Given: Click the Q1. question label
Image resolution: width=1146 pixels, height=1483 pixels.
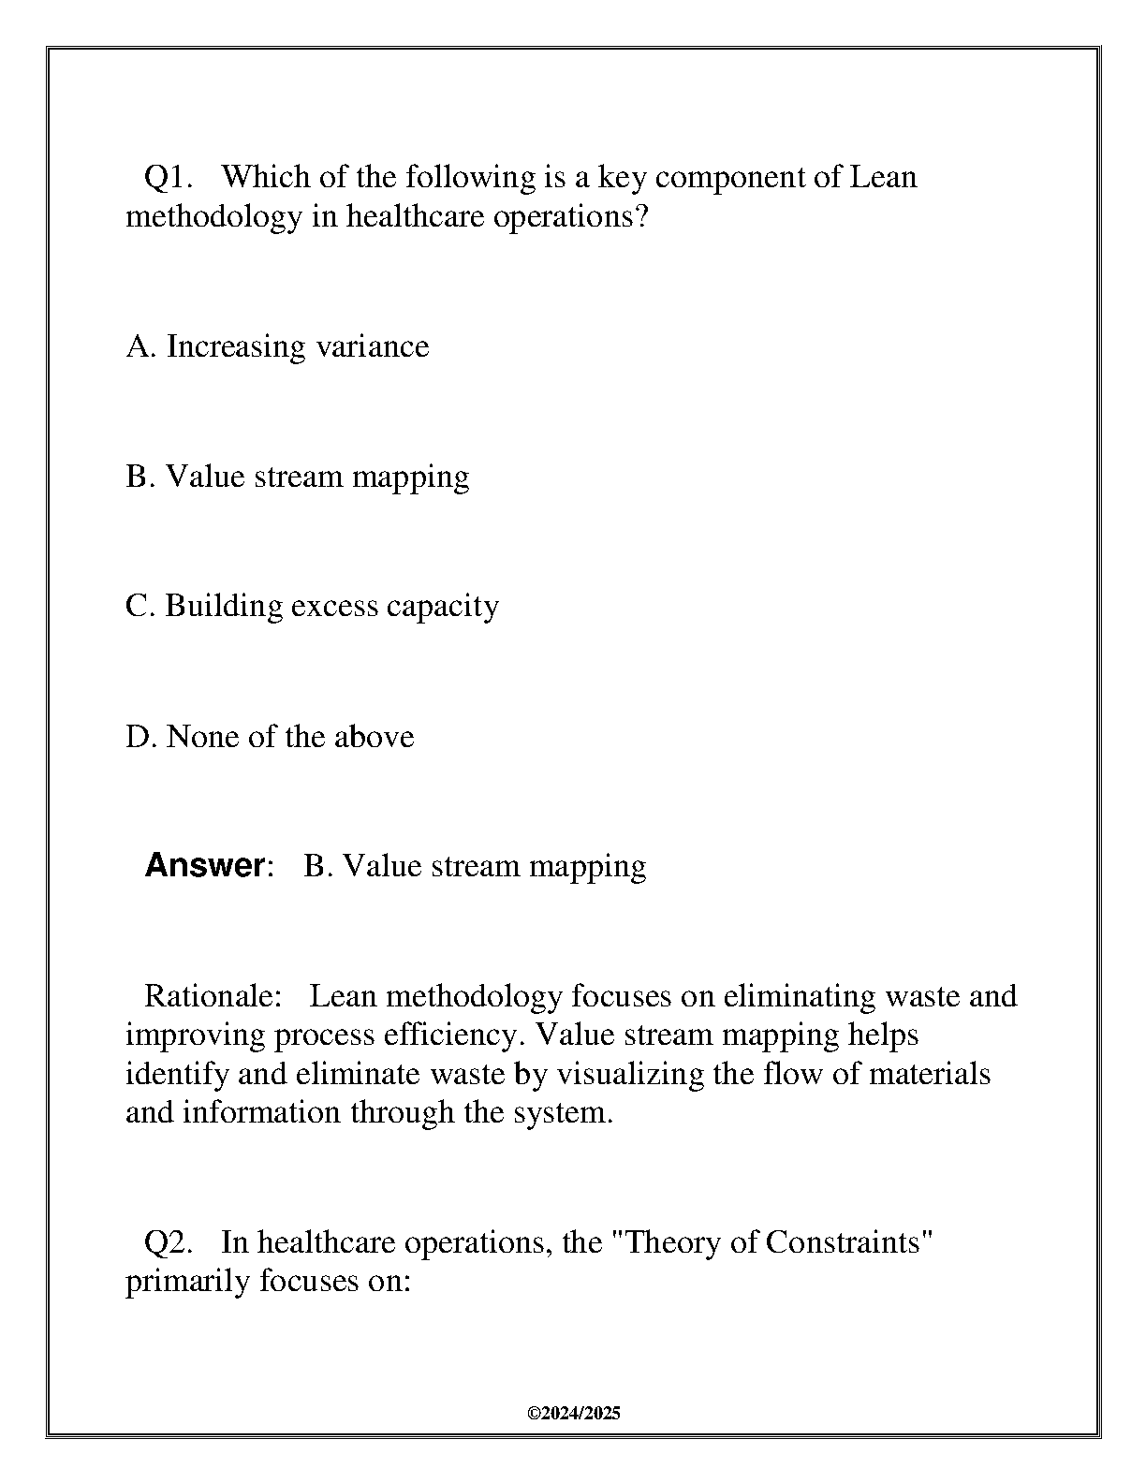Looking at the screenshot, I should [x=169, y=177].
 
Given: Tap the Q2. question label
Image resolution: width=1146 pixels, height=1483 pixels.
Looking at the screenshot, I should [x=169, y=1242].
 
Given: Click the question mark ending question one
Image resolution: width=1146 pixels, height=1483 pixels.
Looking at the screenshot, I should [x=640, y=216].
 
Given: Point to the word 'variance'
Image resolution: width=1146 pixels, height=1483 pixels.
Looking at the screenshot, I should [x=372, y=346].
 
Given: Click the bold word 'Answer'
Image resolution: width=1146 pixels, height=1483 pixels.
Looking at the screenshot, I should [x=205, y=865].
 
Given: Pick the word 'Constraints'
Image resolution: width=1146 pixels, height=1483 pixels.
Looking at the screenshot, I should [x=849, y=1242].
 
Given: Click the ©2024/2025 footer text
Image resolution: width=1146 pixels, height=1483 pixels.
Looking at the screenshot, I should [x=574, y=1414].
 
